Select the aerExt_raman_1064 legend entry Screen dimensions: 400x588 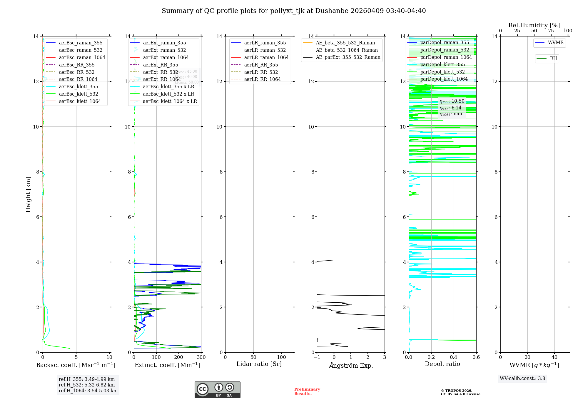[166, 57]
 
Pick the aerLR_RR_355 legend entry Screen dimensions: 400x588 [261, 65]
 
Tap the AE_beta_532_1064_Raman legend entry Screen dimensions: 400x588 [347, 50]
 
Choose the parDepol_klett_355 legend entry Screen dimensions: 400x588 [442, 64]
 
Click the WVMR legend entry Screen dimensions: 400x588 [556, 43]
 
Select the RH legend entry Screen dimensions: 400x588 [553, 59]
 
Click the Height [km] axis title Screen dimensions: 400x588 [28, 194]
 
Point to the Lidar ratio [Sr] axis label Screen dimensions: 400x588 [259, 364]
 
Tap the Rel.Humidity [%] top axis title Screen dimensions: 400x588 [534, 25]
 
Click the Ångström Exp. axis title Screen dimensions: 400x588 [351, 365]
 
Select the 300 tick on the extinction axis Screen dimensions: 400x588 [201, 357]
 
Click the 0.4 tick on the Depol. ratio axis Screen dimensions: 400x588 [454, 357]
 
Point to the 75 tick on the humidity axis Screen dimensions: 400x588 [551, 31]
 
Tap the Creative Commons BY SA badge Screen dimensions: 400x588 [217, 389]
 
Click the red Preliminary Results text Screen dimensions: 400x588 [307, 391]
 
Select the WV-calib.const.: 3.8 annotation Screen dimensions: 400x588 [522, 379]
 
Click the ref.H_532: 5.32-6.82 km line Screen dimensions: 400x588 [87, 385]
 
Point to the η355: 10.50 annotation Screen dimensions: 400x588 [452, 101]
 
